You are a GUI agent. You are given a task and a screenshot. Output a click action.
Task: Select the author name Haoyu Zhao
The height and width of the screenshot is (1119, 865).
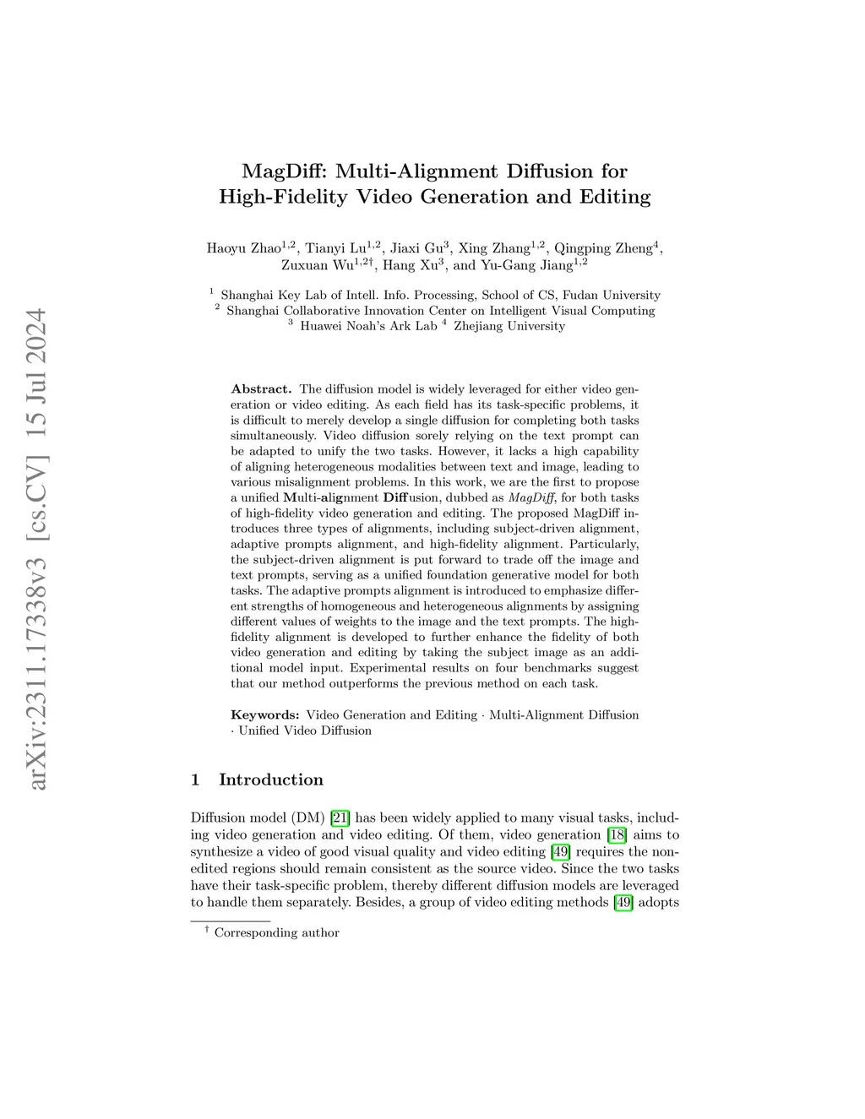click(x=243, y=248)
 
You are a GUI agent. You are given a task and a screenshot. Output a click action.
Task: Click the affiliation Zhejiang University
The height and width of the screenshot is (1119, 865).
click(x=509, y=326)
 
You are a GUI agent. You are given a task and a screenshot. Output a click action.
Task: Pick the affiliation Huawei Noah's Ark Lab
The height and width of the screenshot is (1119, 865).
click(x=368, y=326)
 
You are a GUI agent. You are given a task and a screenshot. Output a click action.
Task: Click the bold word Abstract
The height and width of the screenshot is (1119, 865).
click(x=261, y=389)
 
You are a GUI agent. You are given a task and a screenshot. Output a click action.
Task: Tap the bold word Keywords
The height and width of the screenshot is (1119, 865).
click(x=264, y=715)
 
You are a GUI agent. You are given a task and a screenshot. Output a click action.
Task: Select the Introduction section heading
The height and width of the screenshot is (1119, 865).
click(x=270, y=779)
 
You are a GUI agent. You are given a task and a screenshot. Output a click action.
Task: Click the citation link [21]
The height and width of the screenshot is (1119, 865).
click(x=340, y=818)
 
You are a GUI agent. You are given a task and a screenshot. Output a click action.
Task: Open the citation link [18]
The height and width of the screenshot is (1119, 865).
click(x=617, y=834)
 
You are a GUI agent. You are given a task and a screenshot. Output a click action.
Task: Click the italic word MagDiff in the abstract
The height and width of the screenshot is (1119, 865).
click(x=531, y=497)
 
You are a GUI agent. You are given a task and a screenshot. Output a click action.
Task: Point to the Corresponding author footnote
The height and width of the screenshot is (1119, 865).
click(x=276, y=933)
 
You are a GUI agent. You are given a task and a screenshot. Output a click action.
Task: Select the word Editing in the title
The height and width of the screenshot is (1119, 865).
click(x=614, y=197)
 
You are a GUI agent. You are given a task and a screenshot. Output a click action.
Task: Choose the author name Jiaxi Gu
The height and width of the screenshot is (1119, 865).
click(x=416, y=248)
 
